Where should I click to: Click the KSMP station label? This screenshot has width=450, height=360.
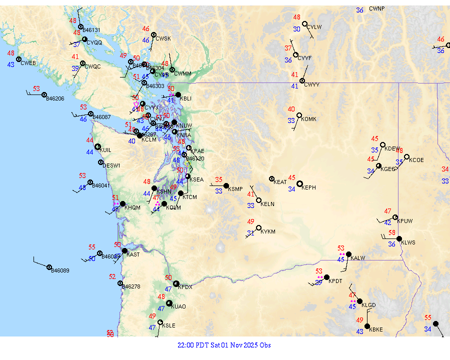pyautogui.click(x=235, y=189)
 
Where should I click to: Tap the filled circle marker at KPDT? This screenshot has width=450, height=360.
pyautogui.click(x=326, y=277)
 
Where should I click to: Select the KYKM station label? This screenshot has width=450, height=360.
pyautogui.click(x=268, y=232)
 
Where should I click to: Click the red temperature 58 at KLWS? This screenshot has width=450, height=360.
pyautogui.click(x=392, y=232)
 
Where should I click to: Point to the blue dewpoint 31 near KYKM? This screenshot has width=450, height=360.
pyautogui.click(x=251, y=233)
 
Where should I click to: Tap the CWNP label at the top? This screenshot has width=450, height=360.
pyautogui.click(x=377, y=9)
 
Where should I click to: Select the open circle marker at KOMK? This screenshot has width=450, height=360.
pyautogui.click(x=299, y=115)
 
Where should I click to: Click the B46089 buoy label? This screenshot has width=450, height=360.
pyautogui.click(x=60, y=270)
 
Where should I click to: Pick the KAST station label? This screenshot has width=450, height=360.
pyautogui.click(x=133, y=254)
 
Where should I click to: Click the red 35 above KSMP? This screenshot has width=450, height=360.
pyautogui.click(x=218, y=179)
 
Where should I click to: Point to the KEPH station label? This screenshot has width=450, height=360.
pyautogui.click(x=309, y=187)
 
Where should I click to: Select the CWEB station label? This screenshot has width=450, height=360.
pyautogui.click(x=28, y=63)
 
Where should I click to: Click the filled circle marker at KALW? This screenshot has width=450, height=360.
pyautogui.click(x=348, y=254)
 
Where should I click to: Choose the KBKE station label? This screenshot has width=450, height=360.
pyautogui.click(x=375, y=329)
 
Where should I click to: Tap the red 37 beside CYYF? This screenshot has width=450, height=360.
pyautogui.click(x=288, y=48)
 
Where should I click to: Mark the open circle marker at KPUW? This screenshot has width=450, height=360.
pyautogui.click(x=395, y=217)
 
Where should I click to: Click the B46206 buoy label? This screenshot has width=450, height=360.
pyautogui.click(x=55, y=98)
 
